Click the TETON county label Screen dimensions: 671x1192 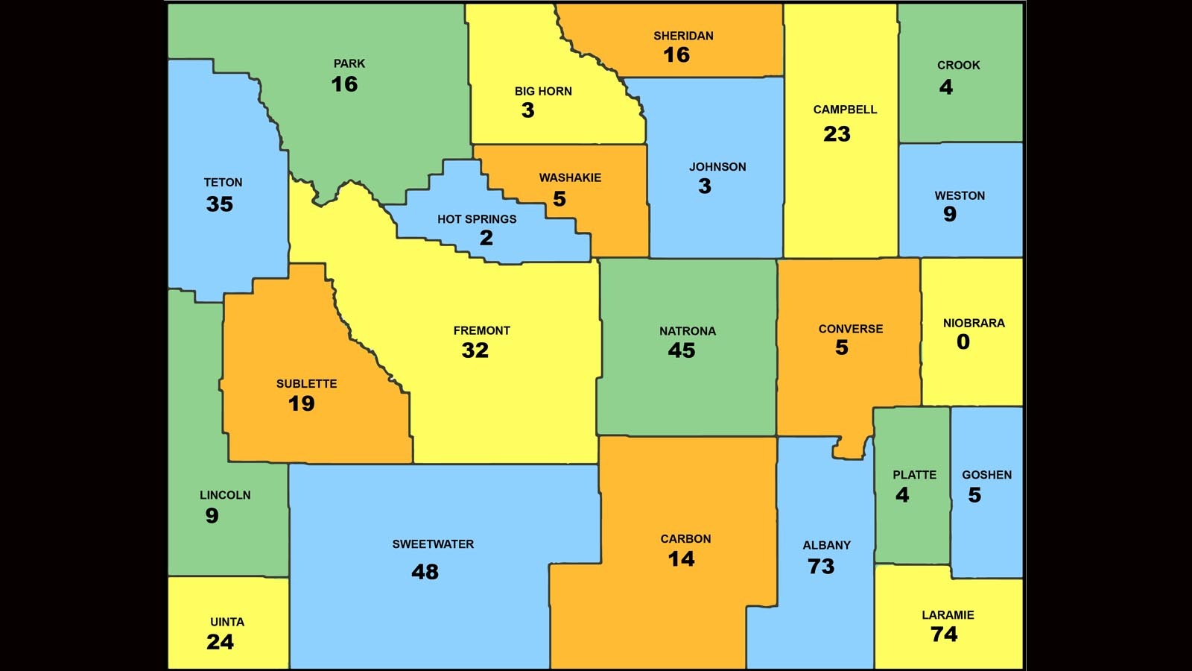pos(223,183)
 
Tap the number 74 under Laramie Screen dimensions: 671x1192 pos(944,634)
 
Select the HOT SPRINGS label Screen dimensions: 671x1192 pos(477,219)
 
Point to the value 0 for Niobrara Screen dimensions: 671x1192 pos(963,342)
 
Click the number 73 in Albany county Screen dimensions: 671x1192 pos(821,567)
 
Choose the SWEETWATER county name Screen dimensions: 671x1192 pos(433,544)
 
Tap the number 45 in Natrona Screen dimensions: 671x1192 pos(681,350)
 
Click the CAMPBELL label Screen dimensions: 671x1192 pos(845,110)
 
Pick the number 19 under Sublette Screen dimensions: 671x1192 pos(301,403)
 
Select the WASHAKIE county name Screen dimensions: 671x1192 pos(570,177)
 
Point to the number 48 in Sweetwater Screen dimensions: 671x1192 pos(425,572)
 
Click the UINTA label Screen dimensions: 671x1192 pos(227,622)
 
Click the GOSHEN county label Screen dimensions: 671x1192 pos(986,475)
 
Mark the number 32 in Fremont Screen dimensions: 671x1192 pos(475,350)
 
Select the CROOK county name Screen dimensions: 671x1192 pos(958,66)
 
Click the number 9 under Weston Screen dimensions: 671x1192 pos(950,215)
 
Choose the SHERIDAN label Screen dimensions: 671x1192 pos(683,36)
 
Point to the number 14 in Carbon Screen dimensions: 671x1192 pos(681,559)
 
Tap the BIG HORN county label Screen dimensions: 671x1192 pos(543,92)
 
